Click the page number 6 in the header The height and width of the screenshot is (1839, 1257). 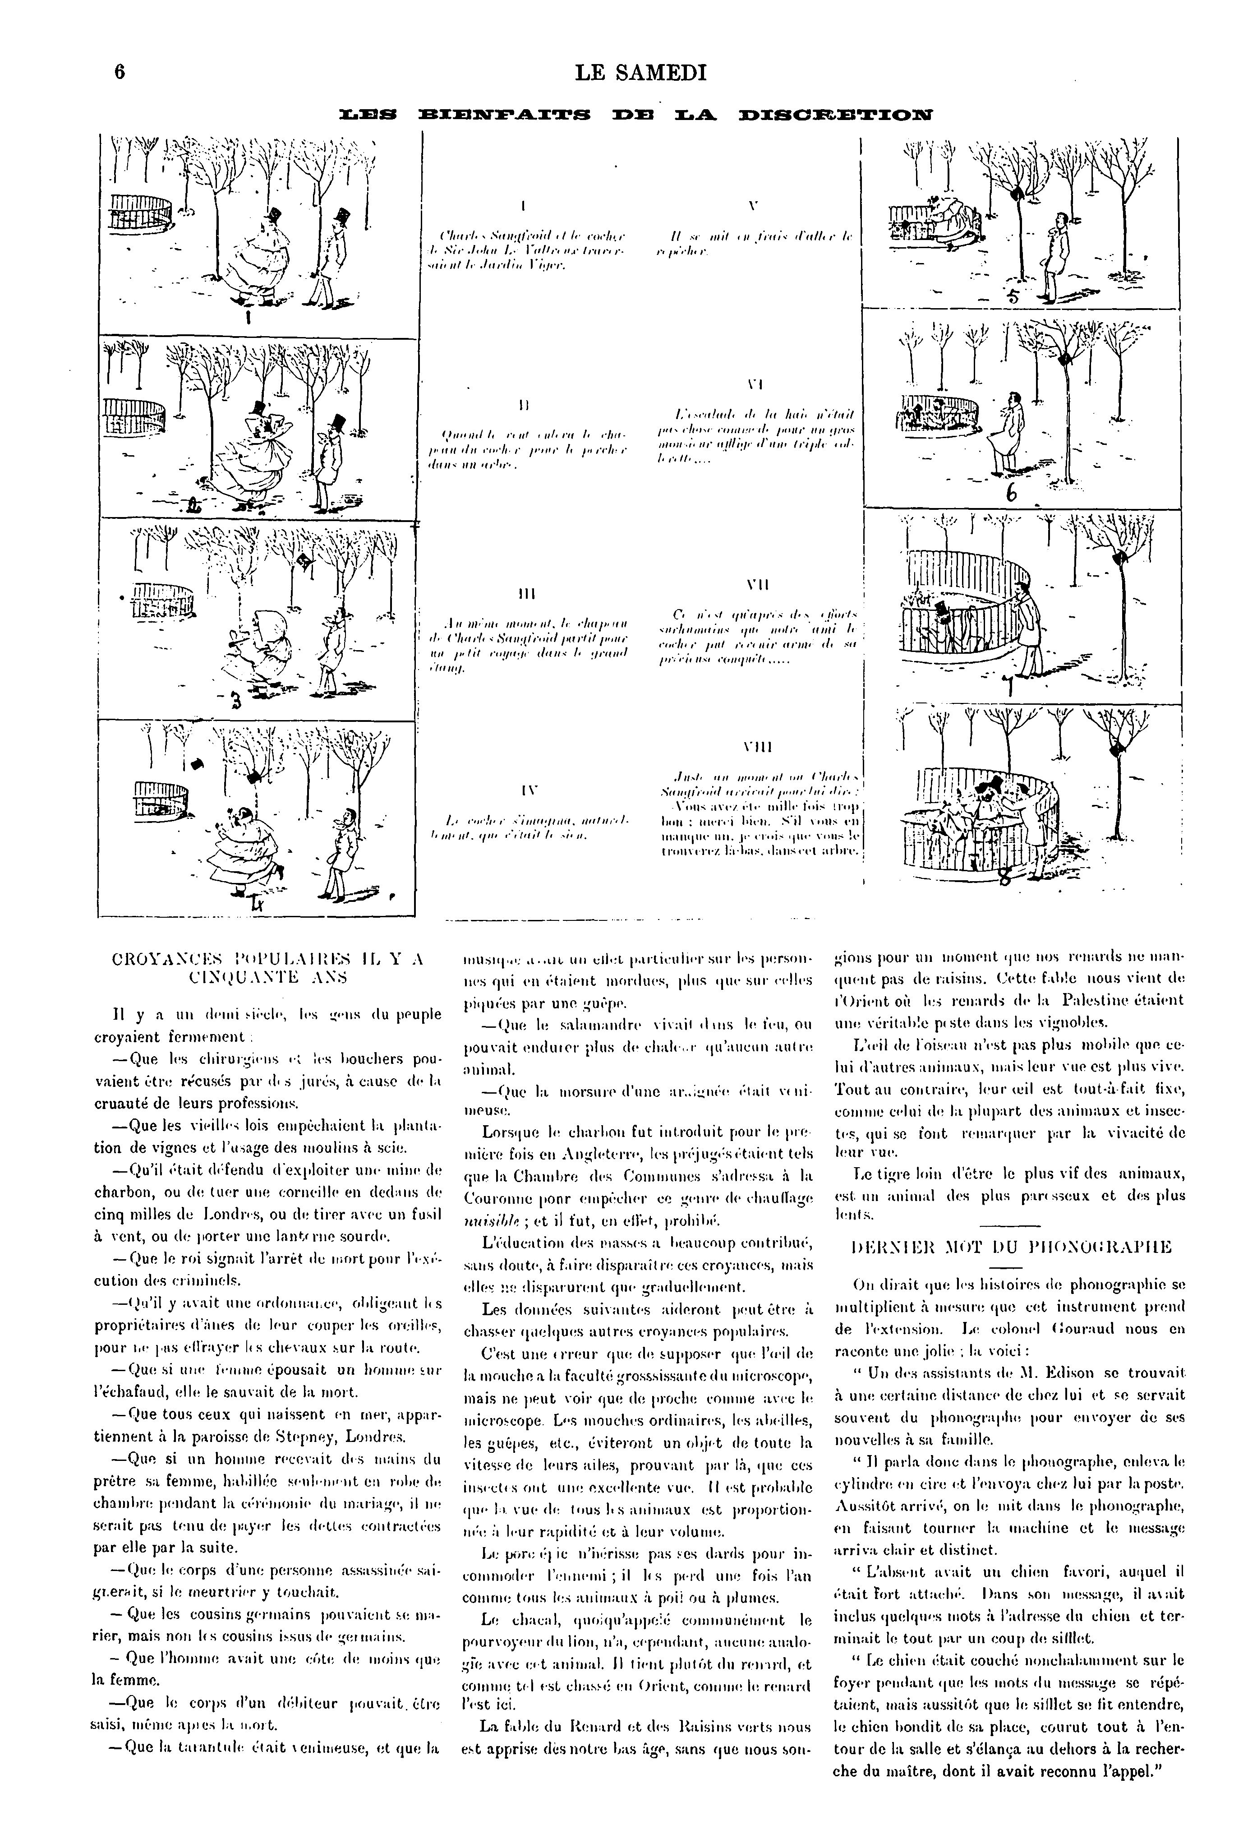pyautogui.click(x=120, y=73)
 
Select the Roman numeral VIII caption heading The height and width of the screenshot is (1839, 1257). pyautogui.click(x=757, y=747)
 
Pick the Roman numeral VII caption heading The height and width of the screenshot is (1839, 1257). pyautogui.click(x=757, y=586)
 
